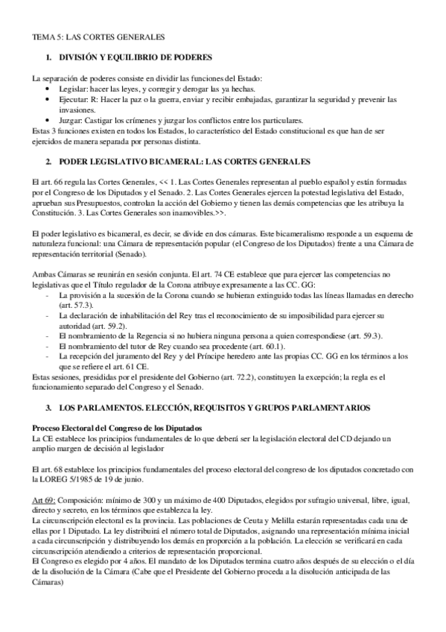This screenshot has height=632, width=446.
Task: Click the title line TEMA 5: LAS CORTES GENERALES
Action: (x=98, y=36)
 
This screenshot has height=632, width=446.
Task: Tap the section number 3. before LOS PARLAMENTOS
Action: (x=48, y=409)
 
